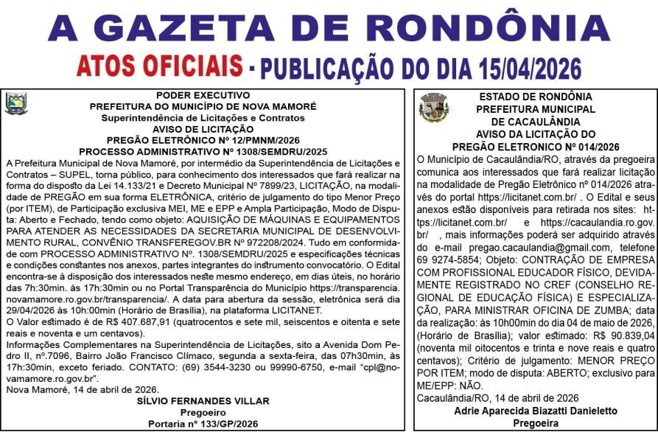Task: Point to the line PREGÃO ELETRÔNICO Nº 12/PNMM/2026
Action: pyautogui.click(x=203, y=140)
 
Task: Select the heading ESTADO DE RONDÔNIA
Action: pyautogui.click(x=536, y=97)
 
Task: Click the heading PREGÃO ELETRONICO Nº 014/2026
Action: pyautogui.click(x=536, y=146)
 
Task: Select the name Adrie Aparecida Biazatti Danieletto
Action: pyautogui.click(x=536, y=411)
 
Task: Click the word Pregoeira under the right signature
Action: pyautogui.click(x=536, y=424)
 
